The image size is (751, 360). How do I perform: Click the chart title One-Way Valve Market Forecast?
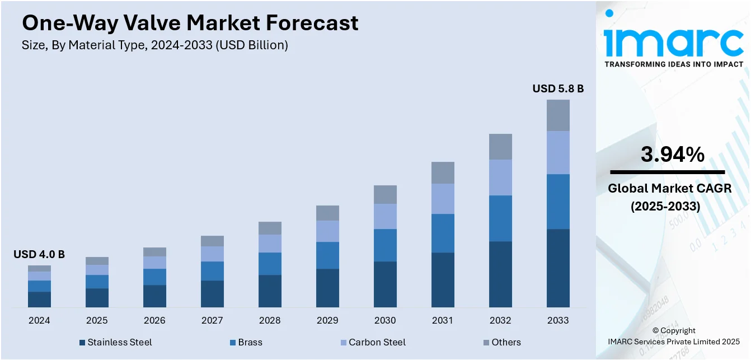coord(190,23)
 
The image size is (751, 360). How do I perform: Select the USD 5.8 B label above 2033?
coord(558,88)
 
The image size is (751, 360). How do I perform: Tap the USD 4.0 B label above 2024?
coord(39,254)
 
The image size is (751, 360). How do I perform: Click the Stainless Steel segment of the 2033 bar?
coord(558,268)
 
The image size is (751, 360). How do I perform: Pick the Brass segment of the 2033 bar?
coord(558,202)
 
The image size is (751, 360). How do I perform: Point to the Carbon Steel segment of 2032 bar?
coord(500,177)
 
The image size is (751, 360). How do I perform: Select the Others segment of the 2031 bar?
coord(443,172)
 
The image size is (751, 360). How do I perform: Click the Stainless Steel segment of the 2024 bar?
coord(39,299)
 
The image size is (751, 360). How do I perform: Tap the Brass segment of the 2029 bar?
coord(327,255)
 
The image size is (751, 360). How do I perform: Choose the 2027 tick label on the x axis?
coord(212,321)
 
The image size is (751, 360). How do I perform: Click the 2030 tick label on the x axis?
coord(385,321)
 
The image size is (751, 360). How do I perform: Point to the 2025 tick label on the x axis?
coord(97,321)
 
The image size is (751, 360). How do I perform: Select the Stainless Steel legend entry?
coord(115,342)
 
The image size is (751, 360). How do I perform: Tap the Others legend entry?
coord(501,342)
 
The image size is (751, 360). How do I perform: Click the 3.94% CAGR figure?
coord(672,154)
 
